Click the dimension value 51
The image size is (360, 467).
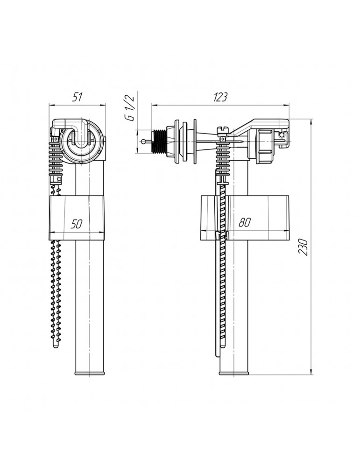[78, 97]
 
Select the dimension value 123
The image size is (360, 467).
[220, 97]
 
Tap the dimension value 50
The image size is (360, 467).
[78, 223]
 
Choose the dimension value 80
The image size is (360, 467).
[244, 223]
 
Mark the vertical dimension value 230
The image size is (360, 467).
[304, 246]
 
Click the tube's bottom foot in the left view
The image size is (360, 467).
[89, 372]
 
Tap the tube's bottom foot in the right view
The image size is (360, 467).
[235, 372]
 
